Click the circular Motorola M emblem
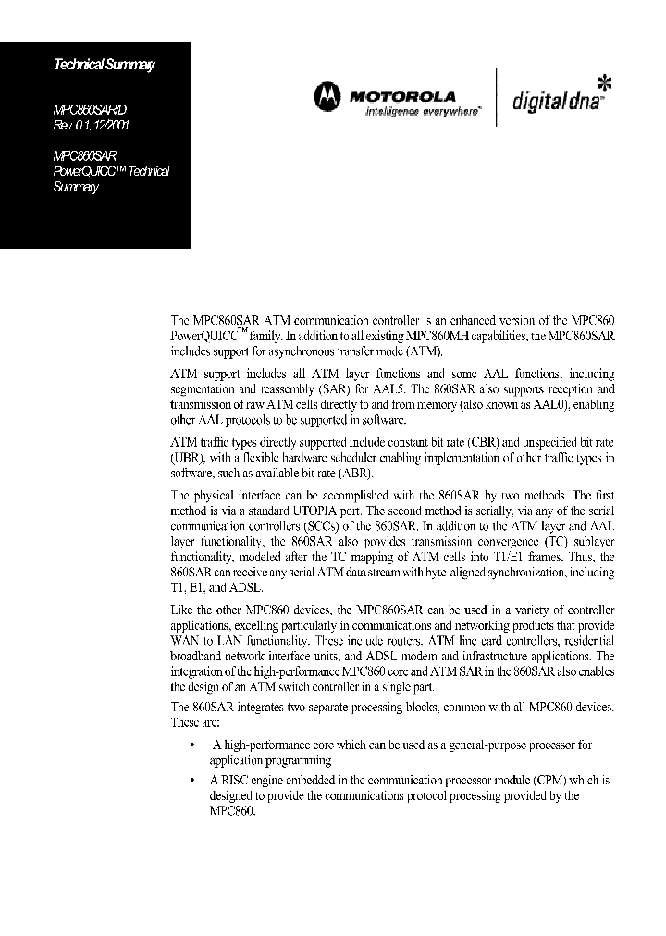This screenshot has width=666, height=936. pos(326,95)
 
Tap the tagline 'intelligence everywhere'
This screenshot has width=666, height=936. pos(423,110)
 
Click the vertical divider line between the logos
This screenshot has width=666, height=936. pos(497,97)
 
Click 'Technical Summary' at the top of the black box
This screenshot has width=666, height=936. pos(104,65)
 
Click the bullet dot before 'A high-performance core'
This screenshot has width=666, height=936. pos(191,745)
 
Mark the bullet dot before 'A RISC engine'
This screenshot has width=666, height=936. pos(191,780)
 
